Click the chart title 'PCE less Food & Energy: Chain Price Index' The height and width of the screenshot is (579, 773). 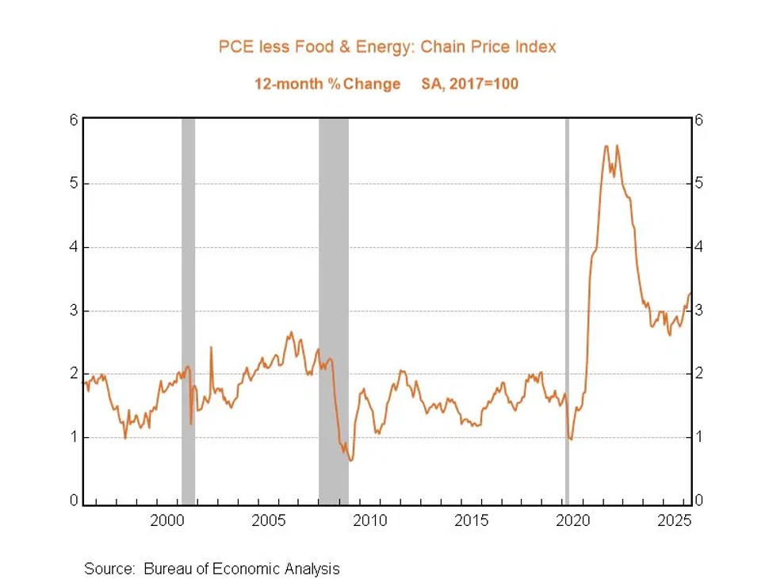click(387, 47)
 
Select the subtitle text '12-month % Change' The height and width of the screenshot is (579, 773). click(327, 84)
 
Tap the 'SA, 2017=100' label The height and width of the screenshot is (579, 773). click(470, 84)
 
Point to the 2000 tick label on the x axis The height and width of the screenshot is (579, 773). click(167, 520)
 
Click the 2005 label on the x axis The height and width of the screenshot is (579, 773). click(269, 520)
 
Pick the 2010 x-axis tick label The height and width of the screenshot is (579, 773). click(370, 520)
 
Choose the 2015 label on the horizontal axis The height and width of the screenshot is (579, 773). click(472, 520)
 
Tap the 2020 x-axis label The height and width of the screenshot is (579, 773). click(573, 520)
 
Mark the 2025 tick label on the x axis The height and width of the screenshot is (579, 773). click(675, 520)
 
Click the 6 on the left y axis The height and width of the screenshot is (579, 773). click(74, 120)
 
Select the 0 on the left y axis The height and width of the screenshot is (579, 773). click(74, 501)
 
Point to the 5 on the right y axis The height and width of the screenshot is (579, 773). click(698, 184)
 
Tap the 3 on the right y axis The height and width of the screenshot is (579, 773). click(698, 310)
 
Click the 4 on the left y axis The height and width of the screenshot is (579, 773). click(74, 246)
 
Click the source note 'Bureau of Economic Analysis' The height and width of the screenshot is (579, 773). click(242, 569)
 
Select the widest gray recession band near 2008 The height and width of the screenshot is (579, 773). click(334, 311)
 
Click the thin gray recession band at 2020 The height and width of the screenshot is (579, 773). click(567, 311)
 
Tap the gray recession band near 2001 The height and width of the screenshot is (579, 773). click(189, 311)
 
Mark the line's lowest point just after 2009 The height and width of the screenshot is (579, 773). click(350, 460)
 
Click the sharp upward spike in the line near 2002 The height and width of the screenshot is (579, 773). click(211, 348)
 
